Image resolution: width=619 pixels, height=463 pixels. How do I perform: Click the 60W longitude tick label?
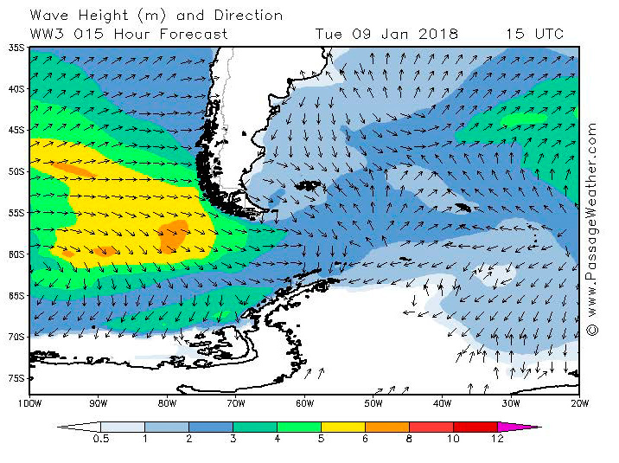[304, 403]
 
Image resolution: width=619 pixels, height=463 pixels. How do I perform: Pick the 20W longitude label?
[580, 403]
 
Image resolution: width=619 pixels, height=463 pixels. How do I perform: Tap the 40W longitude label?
[443, 403]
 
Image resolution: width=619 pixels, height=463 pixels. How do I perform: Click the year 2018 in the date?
[437, 35]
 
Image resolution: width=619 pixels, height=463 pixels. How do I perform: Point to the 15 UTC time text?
[535, 35]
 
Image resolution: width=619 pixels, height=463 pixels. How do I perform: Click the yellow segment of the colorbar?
[342, 427]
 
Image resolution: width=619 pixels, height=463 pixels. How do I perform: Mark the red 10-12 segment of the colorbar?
[475, 427]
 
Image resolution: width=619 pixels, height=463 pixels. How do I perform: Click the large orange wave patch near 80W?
[174, 235]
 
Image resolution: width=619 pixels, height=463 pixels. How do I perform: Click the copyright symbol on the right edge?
[592, 330]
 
